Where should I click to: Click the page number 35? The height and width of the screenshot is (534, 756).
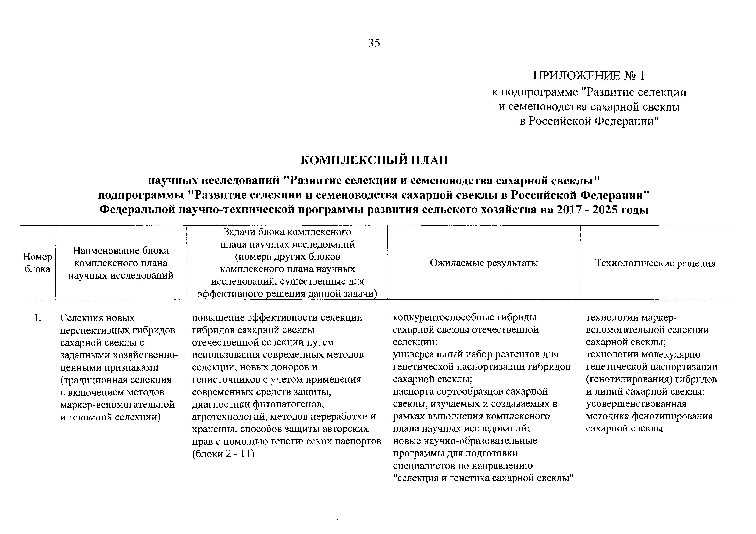coord(374,43)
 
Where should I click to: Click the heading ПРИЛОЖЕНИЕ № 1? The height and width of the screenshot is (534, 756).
coord(589,76)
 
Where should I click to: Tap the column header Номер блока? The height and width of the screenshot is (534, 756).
coord(37,263)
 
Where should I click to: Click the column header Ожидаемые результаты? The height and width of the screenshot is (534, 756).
coord(484,263)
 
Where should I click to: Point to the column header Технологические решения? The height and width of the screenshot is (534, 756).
coord(655,263)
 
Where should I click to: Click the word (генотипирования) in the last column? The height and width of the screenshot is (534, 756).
coord(629,379)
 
